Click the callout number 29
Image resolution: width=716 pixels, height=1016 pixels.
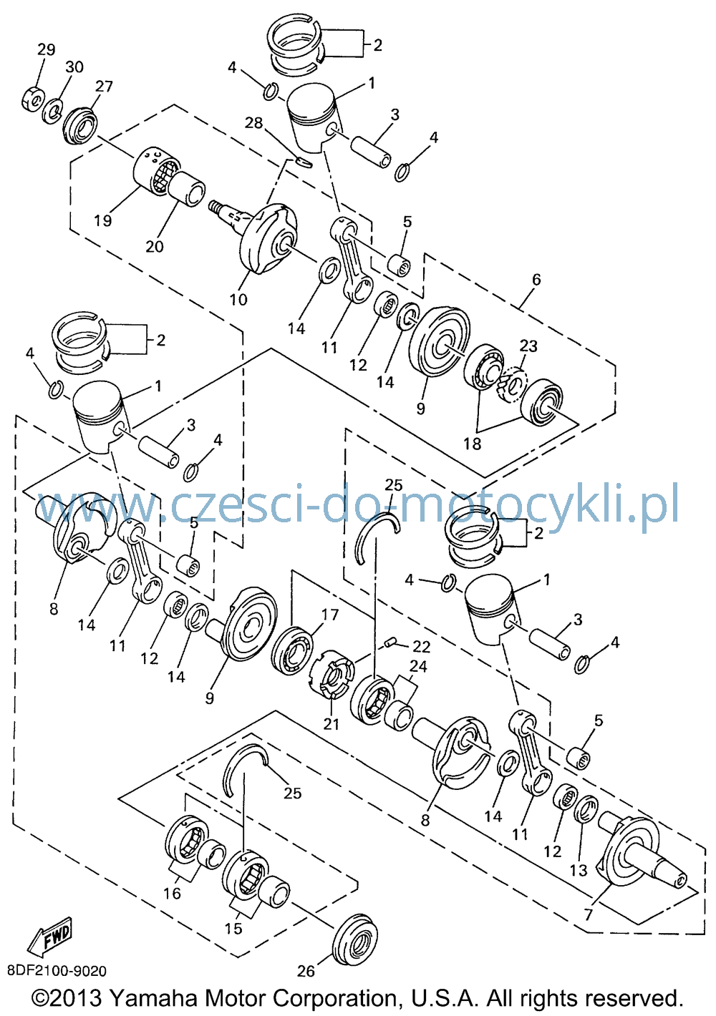coord(46,49)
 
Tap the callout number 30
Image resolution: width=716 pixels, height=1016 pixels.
coord(74,67)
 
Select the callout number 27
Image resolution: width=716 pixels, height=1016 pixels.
coord(104,86)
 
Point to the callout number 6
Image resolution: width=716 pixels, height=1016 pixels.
coord(536,279)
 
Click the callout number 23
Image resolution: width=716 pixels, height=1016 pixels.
coord(528,346)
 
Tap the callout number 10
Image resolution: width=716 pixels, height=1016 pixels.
coord(238,299)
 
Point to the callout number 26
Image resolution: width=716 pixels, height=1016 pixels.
coord(306,971)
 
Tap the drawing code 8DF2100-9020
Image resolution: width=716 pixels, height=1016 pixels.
coord(57,971)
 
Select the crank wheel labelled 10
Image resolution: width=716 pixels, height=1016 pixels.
coord(268,238)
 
